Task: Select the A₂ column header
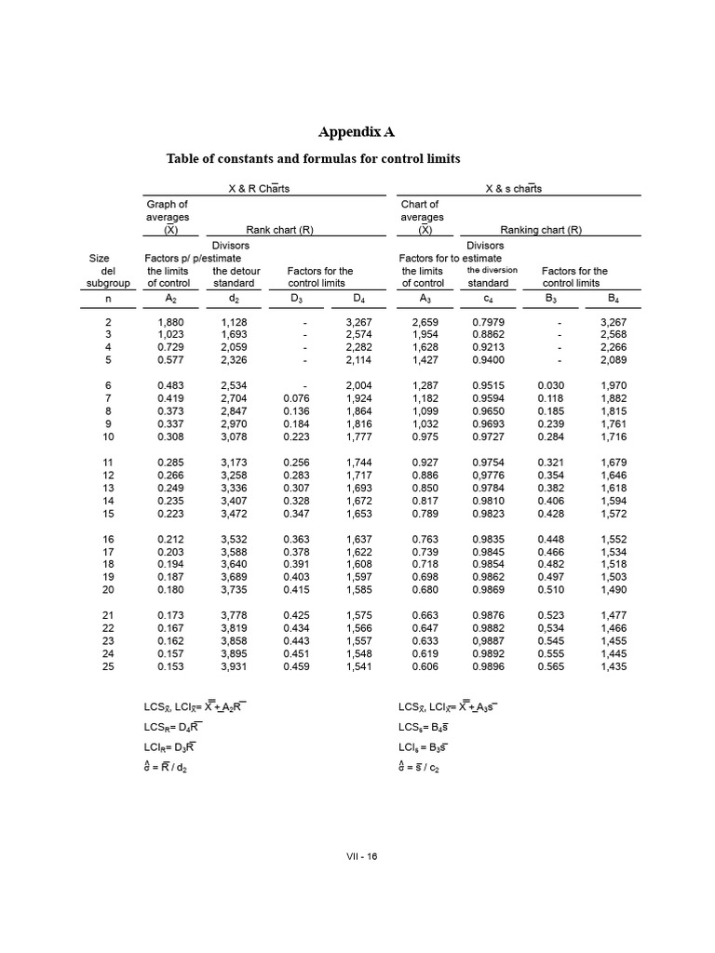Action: pos(169,299)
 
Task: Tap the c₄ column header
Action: pos(488,299)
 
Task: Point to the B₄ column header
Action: pos(613,299)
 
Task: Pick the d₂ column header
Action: pos(233,299)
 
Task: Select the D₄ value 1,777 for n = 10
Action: pos(358,436)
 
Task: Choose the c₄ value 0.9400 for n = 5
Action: pos(488,359)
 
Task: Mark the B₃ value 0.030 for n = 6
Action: pos(551,384)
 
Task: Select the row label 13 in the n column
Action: pos(107,487)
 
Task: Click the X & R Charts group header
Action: pos(259,189)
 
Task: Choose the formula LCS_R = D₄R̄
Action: pos(170,726)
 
